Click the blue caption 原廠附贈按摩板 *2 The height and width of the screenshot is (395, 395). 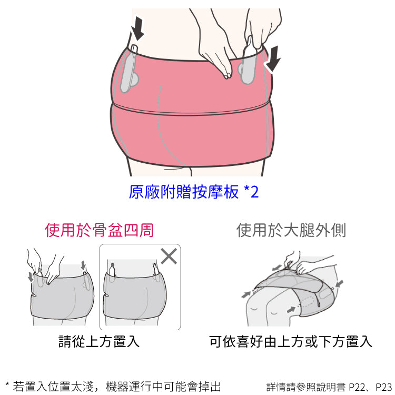click(x=193, y=192)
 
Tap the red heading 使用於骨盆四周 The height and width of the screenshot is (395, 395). click(x=99, y=230)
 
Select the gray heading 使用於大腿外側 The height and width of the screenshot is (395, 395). click(x=291, y=230)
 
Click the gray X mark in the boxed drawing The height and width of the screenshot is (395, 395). click(x=169, y=256)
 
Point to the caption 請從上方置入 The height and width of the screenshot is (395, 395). click(x=99, y=341)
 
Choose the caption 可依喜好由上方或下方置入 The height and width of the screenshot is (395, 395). click(x=290, y=341)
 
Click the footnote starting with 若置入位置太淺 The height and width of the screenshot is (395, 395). click(x=113, y=387)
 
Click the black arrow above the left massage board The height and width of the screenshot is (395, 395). click(x=138, y=28)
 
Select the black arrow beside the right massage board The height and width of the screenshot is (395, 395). click(x=273, y=59)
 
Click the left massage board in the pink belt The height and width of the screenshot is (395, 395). click(x=129, y=70)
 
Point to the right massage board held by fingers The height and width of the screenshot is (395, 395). click(x=248, y=62)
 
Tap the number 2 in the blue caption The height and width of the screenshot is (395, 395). click(x=255, y=192)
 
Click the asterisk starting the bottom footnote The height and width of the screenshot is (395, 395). click(x=7, y=384)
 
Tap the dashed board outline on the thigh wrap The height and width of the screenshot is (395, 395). click(x=307, y=301)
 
